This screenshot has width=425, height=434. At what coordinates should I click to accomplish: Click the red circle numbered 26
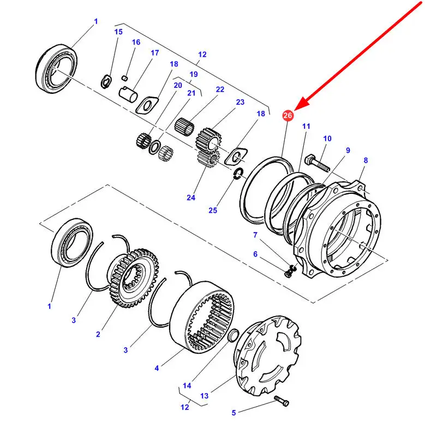pos(288,115)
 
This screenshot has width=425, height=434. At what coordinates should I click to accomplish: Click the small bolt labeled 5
pos(283,402)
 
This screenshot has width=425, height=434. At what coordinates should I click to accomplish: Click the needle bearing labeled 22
pos(185,127)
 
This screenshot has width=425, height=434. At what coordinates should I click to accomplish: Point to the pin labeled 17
pos(130,90)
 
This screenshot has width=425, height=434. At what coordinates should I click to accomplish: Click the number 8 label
pos(365,160)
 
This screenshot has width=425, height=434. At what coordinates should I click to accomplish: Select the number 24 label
pos(190,198)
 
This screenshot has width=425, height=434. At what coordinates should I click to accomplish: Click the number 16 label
pos(136,42)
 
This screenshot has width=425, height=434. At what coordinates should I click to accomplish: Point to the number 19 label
pos(194,74)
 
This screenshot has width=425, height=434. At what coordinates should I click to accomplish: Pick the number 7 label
pos(254,235)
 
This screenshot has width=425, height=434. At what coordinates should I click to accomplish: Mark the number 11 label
pos(306,126)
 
